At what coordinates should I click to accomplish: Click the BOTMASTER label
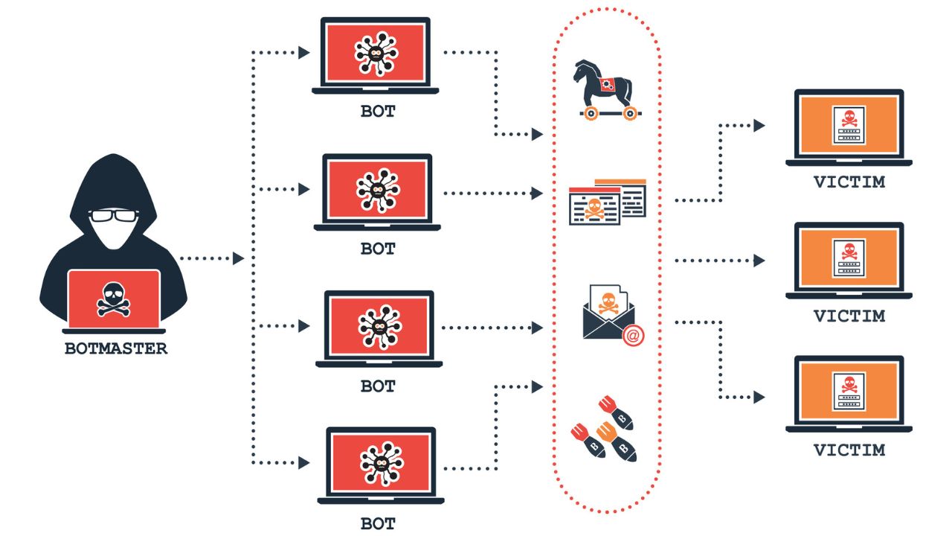click(x=115, y=348)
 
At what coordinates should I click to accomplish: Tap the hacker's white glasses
click(x=113, y=217)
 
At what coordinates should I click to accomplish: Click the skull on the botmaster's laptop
click(x=113, y=299)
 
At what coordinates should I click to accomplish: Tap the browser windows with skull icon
click(x=607, y=201)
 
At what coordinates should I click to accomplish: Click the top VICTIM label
click(x=849, y=182)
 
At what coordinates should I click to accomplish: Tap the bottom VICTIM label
click(x=849, y=450)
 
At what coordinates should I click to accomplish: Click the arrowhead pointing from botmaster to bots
click(x=238, y=259)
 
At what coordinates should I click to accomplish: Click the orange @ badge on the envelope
click(x=633, y=336)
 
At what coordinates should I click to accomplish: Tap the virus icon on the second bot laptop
click(x=377, y=190)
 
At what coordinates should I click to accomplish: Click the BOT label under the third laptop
click(x=378, y=386)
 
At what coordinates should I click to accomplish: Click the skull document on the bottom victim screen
click(x=848, y=390)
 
